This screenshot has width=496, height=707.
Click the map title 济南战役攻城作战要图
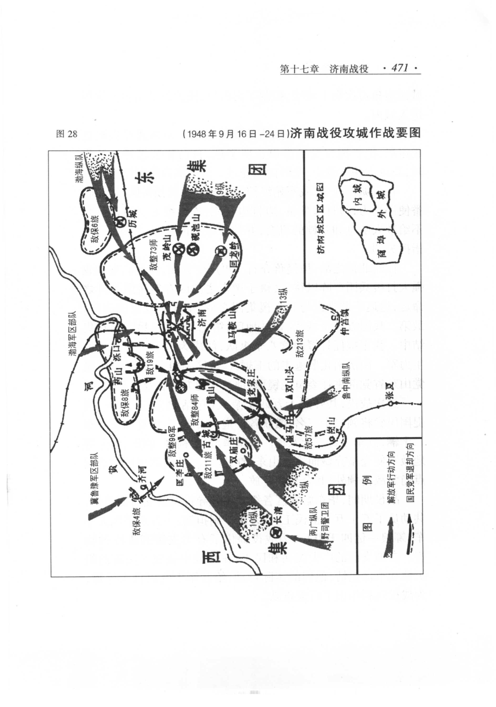[x=355, y=133]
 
